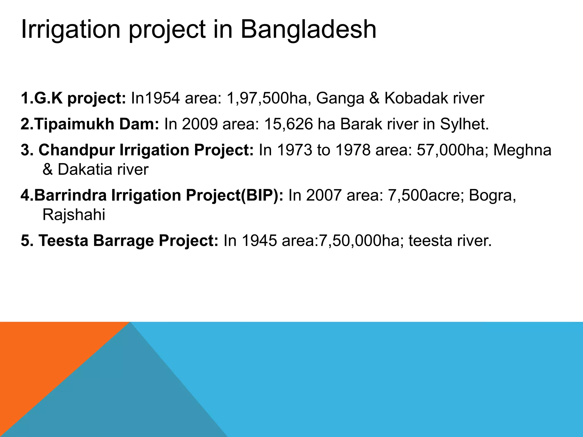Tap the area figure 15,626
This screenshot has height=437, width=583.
tap(288, 124)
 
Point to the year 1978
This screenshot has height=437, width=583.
tap(353, 150)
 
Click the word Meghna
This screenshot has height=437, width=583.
tap(522, 150)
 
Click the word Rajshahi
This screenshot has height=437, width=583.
tap(74, 215)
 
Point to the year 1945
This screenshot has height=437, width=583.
tap(259, 241)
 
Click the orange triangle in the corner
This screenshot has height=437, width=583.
tap(43, 356)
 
